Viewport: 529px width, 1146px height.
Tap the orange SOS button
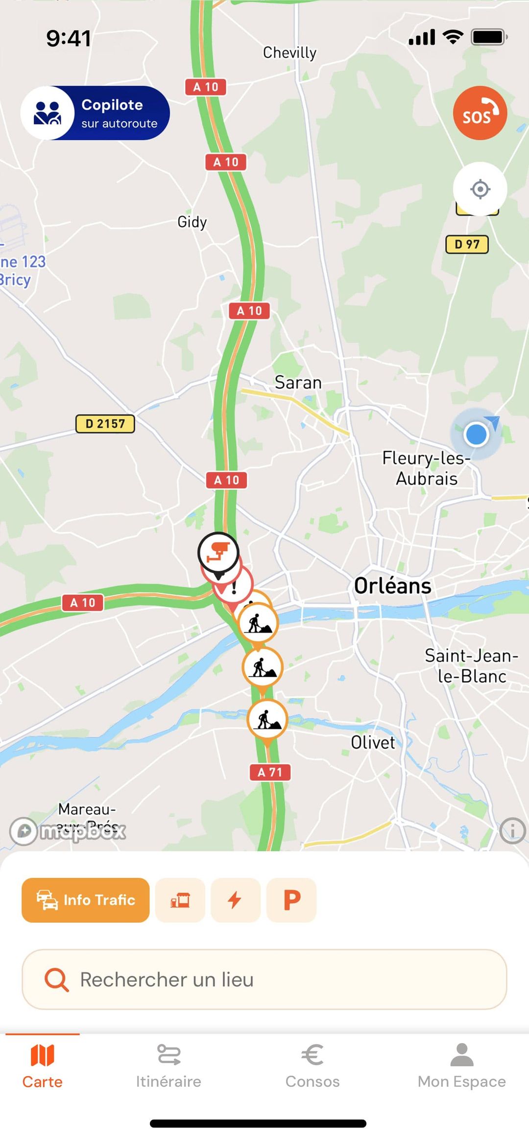tap(480, 113)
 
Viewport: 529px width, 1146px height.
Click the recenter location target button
tap(480, 189)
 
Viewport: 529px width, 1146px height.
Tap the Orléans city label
tap(392, 586)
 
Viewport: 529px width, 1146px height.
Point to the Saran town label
tap(298, 383)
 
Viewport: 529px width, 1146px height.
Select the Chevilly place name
tap(289, 52)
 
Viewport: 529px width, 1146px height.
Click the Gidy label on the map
tap(192, 222)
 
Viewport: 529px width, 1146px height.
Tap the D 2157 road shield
tap(105, 424)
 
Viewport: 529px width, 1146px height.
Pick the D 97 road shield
tap(467, 244)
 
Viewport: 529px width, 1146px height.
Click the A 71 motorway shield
tap(270, 772)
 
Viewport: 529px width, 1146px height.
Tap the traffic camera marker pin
tap(218, 552)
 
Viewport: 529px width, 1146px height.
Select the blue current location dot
tap(476, 435)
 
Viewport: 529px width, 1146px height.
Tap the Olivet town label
tap(373, 742)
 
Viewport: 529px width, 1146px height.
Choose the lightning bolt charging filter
tap(236, 900)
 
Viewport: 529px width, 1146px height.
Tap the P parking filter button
tap(291, 900)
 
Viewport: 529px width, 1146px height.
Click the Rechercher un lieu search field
tap(264, 979)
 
